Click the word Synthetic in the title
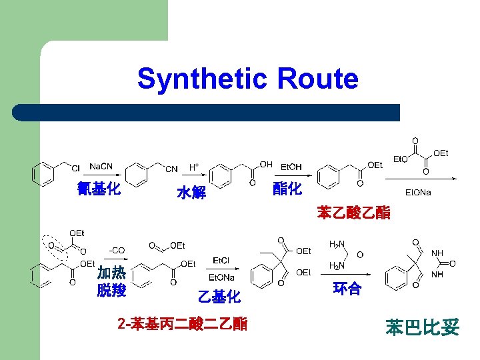pyautogui.click(x=199, y=79)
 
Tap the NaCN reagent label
pyautogui.click(x=101, y=167)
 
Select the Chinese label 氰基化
pyautogui.click(x=99, y=189)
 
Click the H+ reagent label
pyautogui.click(x=194, y=166)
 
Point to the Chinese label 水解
pyautogui.click(x=191, y=193)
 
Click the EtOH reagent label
pyautogui.click(x=291, y=167)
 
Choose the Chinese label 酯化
pyautogui.click(x=287, y=189)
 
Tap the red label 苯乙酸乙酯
pyautogui.click(x=354, y=213)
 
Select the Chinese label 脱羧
pyautogui.click(x=111, y=290)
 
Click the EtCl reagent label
pyautogui.click(x=221, y=260)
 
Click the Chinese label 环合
pyautogui.click(x=347, y=289)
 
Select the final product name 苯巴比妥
pyautogui.click(x=422, y=327)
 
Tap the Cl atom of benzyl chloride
pyautogui.click(x=75, y=168)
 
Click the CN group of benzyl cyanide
pyautogui.click(x=171, y=169)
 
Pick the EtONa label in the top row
pyautogui.click(x=418, y=193)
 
